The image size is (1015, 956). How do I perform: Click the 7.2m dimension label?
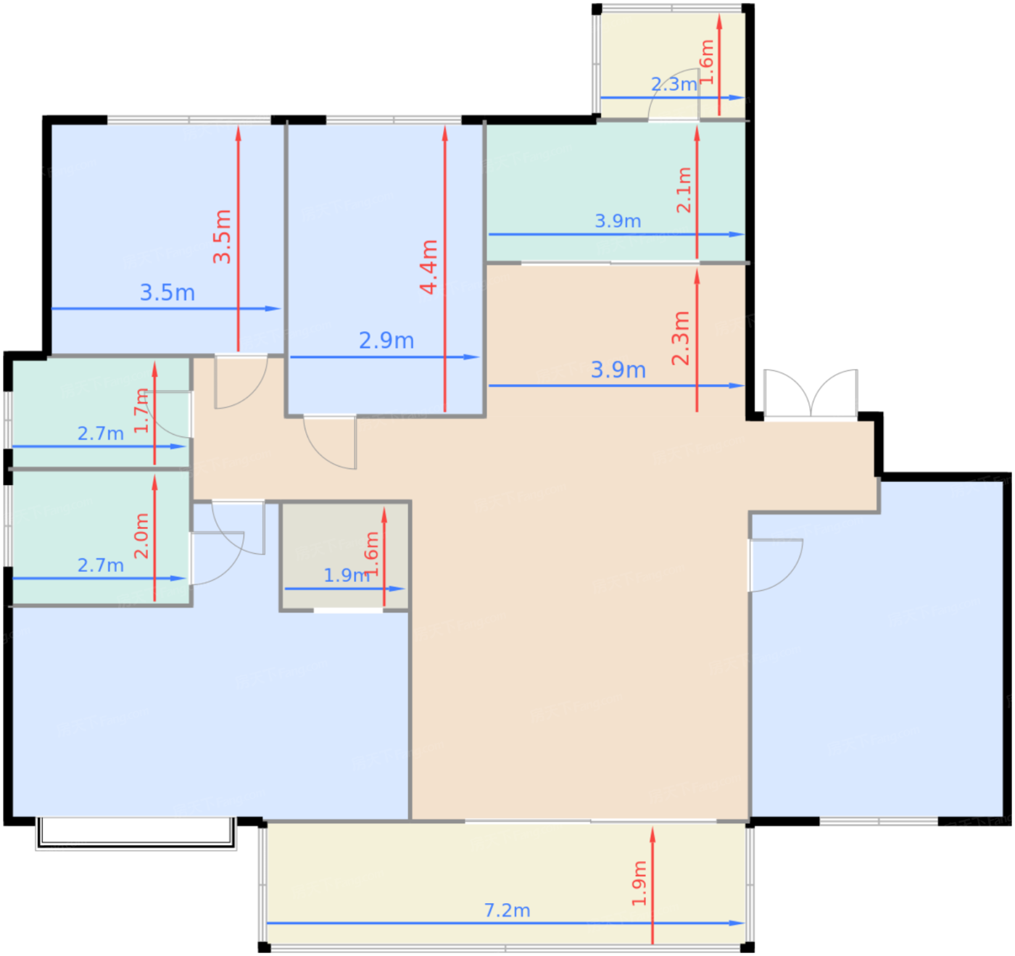point(507,910)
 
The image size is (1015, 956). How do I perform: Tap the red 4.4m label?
point(429,267)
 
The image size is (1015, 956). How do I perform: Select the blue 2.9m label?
point(386,341)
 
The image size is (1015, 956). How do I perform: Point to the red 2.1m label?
point(684,190)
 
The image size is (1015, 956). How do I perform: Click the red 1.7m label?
point(141,411)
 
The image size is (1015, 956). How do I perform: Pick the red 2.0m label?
point(141,536)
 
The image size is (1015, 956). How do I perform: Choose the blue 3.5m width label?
point(167,293)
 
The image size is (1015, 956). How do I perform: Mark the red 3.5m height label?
point(223,236)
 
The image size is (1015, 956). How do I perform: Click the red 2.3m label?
point(681,338)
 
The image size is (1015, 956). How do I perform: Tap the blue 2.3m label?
point(674,84)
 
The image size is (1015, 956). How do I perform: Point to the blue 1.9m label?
point(347,575)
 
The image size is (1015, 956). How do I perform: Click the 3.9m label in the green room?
point(618,221)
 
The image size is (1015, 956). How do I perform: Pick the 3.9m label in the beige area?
point(618,370)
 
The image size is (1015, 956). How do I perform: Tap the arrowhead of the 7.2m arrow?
point(737,923)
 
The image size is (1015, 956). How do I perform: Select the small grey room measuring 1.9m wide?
point(345,556)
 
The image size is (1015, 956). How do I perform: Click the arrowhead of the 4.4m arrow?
point(444,133)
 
